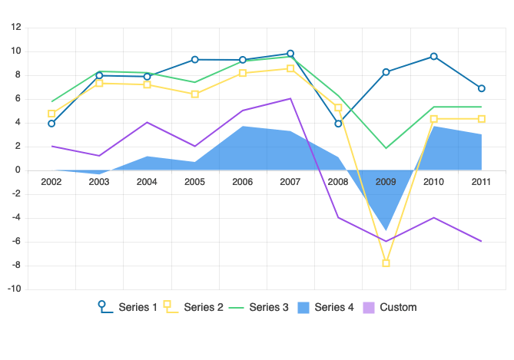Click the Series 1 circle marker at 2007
pyautogui.click(x=290, y=54)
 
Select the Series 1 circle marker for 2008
pyautogui.click(x=338, y=124)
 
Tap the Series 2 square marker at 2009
pyautogui.click(x=386, y=263)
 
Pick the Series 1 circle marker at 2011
pyautogui.click(x=482, y=88)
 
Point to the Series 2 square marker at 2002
pyautogui.click(x=51, y=114)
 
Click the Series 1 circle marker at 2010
pyautogui.click(x=434, y=56)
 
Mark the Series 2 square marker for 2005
pyautogui.click(x=195, y=94)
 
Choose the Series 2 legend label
pyautogui.click(x=204, y=308)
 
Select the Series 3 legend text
pyautogui.click(x=269, y=308)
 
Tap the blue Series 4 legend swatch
pyautogui.click(x=302, y=308)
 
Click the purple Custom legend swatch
pyautogui.click(x=367, y=308)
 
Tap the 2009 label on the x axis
pyautogui.click(x=386, y=182)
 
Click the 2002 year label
pyautogui.click(x=51, y=182)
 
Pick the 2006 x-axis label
pyautogui.click(x=243, y=182)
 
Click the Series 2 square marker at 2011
pyautogui.click(x=482, y=119)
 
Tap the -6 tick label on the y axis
pyautogui.click(x=15, y=243)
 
